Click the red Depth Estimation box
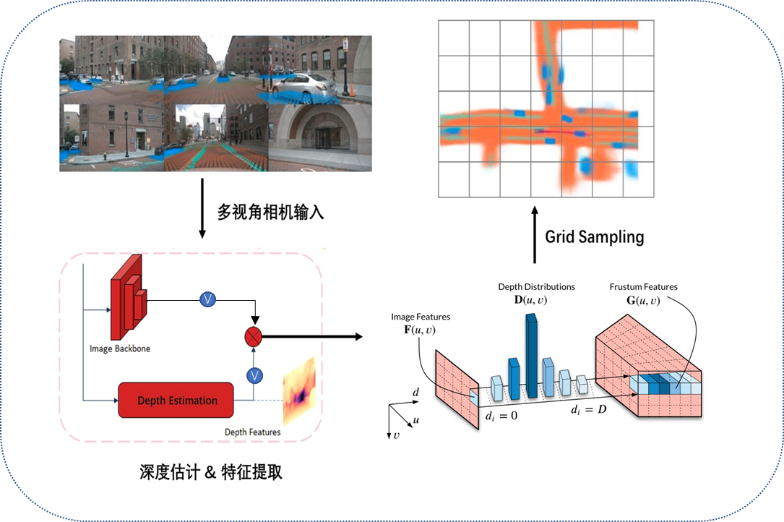tap(177, 401)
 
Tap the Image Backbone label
tap(120, 348)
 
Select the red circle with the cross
tap(254, 336)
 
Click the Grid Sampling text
tap(594, 236)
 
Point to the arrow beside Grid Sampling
tap(535, 234)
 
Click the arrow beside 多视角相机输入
tap(202, 210)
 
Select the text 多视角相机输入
tap(270, 212)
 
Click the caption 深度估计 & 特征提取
tap(211, 472)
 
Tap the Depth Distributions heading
tap(536, 287)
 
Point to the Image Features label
tap(420, 317)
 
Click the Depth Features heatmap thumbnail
tap(300, 391)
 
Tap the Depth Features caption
tap(252, 432)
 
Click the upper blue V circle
tap(208, 299)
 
